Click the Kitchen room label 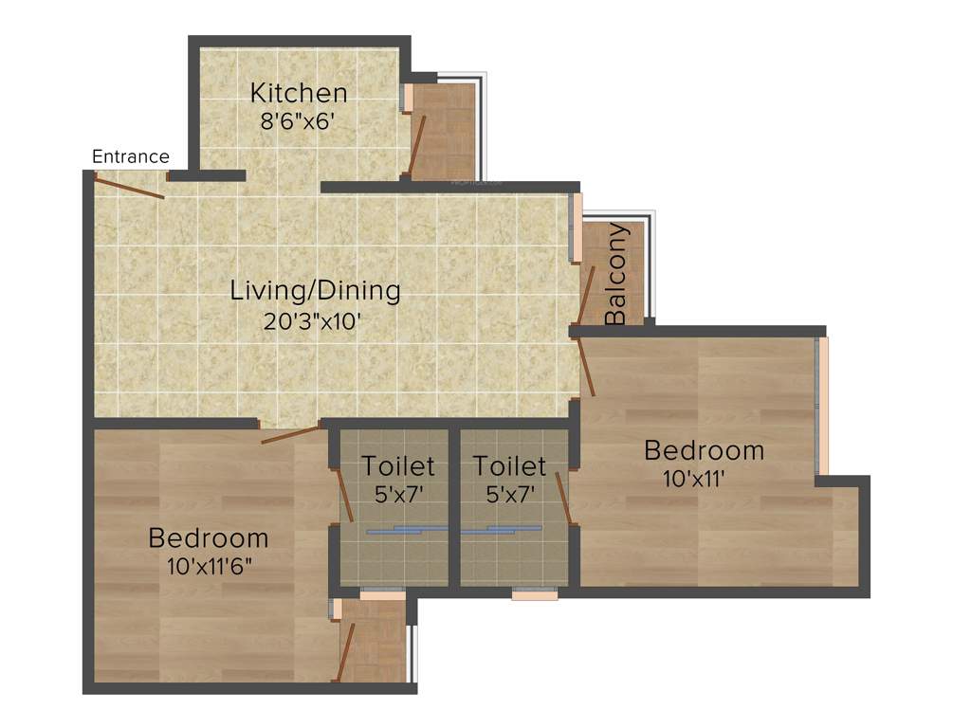click(x=299, y=93)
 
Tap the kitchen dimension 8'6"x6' click(x=299, y=121)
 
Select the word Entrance click(x=131, y=156)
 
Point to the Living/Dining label click(x=315, y=290)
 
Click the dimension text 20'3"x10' click(x=315, y=320)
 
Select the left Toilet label click(x=398, y=465)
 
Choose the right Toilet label click(x=510, y=465)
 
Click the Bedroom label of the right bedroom click(x=704, y=449)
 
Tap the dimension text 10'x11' click(x=694, y=478)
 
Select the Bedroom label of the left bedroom click(x=209, y=537)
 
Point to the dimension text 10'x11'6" click(x=211, y=568)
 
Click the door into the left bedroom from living click(x=291, y=435)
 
